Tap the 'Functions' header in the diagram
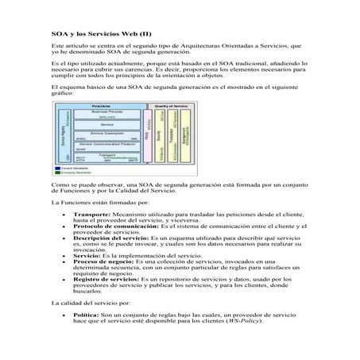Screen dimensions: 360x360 click(x=101, y=106)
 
